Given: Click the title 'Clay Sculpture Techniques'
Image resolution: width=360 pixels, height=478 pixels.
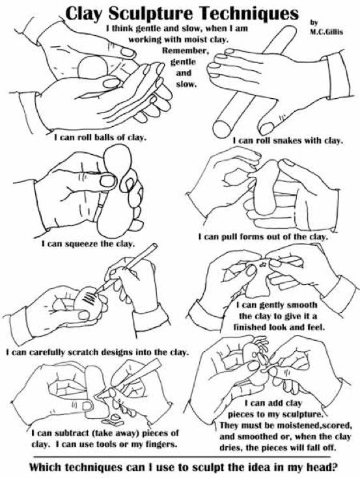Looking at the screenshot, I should [x=179, y=13].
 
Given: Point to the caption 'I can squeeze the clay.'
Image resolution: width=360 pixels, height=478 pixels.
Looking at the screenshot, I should [x=88, y=245].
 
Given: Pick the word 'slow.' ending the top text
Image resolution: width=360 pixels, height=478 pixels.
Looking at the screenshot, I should [x=184, y=85].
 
